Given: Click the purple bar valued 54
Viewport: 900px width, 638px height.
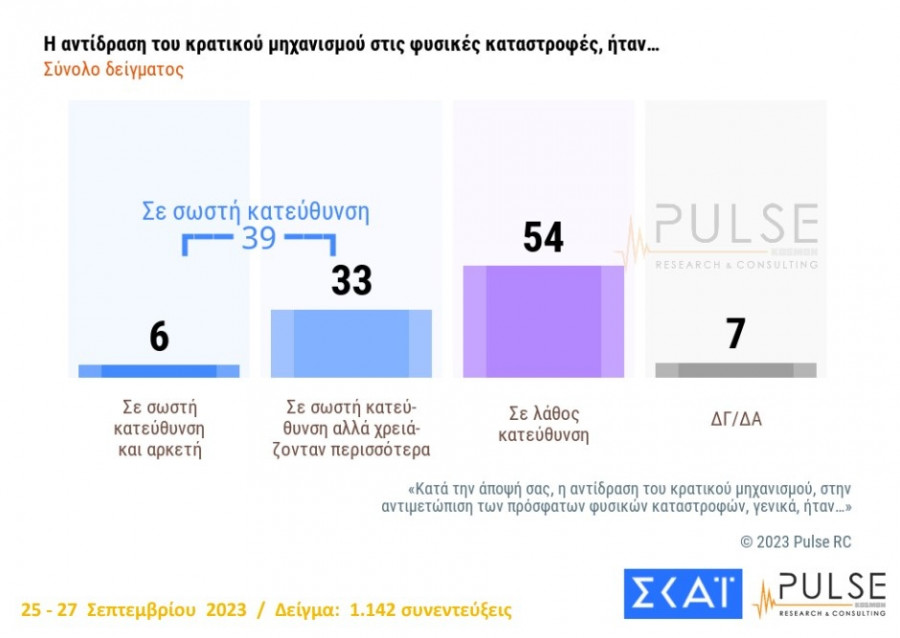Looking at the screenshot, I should (543, 321).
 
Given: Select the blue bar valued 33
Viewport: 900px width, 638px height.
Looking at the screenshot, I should (351, 343).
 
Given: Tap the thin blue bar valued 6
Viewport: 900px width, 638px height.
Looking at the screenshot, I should (158, 371).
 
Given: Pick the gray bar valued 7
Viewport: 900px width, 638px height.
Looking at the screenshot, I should (735, 370).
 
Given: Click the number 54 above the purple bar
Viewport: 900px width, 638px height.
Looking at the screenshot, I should (543, 238).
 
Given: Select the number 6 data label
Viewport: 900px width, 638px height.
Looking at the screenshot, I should (159, 338).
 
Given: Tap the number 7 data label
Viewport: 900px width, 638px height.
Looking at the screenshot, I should (735, 334).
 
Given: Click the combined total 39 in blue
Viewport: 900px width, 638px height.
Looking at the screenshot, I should (259, 239).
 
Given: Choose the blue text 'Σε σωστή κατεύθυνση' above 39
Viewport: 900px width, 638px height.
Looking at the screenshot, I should (254, 212).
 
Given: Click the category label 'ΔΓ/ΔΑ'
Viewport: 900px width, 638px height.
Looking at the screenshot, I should (735, 418).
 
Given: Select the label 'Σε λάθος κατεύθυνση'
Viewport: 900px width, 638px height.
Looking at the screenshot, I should (543, 425).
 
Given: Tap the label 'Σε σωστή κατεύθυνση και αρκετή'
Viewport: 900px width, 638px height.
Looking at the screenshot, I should (159, 428).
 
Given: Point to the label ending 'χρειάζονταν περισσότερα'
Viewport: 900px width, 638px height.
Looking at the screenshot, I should (351, 428).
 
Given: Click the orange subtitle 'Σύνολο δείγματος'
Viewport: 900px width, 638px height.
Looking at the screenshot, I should (113, 71).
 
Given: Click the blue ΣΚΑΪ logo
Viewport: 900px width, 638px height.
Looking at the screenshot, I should (683, 594).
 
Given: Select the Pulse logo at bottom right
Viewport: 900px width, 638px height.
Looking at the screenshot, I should (820, 594).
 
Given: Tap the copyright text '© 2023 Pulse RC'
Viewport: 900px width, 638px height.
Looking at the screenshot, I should (795, 541).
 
